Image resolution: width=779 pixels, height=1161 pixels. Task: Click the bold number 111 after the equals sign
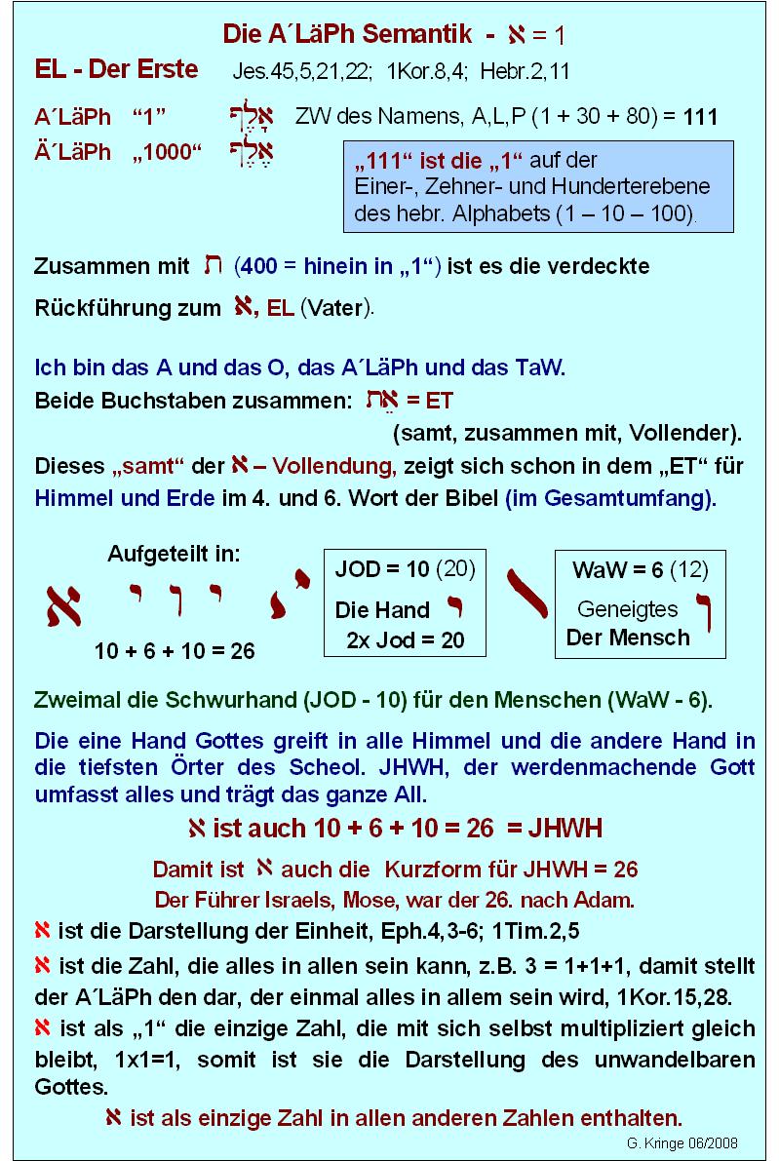[x=700, y=118]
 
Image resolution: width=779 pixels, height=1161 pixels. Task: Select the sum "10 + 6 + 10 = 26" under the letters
[x=175, y=651]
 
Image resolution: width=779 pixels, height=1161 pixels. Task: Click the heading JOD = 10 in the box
[x=382, y=569]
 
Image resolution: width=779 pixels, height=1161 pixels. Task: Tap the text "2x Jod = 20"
[x=406, y=639]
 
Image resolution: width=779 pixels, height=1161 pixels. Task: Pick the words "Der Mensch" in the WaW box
[x=628, y=638]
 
